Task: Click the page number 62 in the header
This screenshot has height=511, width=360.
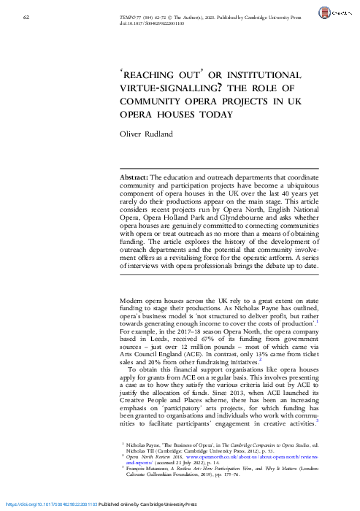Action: point(26,15)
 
